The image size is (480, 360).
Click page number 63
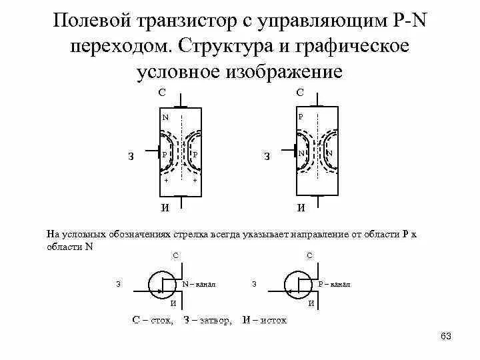446,337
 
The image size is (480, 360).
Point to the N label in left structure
165,117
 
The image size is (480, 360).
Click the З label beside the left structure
131,157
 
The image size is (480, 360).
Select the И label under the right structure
301,207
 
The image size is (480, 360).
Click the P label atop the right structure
301,117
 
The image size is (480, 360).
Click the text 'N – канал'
199,284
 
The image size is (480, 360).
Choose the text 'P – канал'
335,284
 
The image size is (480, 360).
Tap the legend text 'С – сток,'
154,320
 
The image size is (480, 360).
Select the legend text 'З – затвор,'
207,320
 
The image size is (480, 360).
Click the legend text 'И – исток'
265,320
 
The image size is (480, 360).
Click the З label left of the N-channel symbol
118,284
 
